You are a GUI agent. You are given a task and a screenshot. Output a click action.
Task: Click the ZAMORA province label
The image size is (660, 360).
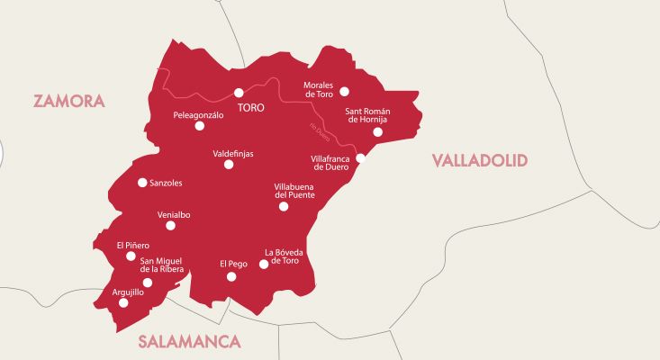[x=69, y=101]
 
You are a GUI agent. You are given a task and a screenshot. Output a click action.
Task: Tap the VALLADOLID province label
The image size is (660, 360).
[x=479, y=160]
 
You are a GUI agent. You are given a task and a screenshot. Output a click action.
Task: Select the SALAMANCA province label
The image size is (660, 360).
[x=190, y=342]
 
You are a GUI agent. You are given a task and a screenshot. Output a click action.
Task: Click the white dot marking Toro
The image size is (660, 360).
[x=240, y=92]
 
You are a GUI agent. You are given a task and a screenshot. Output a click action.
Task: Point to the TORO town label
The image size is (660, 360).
[x=250, y=107]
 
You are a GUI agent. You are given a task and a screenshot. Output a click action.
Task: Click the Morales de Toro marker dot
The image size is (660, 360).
[x=344, y=91]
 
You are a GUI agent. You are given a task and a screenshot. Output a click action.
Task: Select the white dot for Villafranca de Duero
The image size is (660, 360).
[x=359, y=157]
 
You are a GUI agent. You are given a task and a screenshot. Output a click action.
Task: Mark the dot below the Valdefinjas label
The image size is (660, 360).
[x=229, y=165]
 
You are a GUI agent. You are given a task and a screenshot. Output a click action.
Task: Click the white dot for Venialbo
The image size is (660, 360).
[x=170, y=225]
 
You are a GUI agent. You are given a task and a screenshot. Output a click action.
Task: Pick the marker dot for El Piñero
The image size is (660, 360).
[x=131, y=256]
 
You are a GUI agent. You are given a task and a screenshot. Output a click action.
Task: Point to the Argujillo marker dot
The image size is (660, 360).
[x=123, y=302]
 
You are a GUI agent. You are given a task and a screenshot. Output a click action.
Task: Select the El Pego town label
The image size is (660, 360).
[x=233, y=264]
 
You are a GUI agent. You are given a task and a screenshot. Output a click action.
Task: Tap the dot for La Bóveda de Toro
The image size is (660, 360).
[x=264, y=265]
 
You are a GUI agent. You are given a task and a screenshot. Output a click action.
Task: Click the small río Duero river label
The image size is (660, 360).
[x=319, y=132]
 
